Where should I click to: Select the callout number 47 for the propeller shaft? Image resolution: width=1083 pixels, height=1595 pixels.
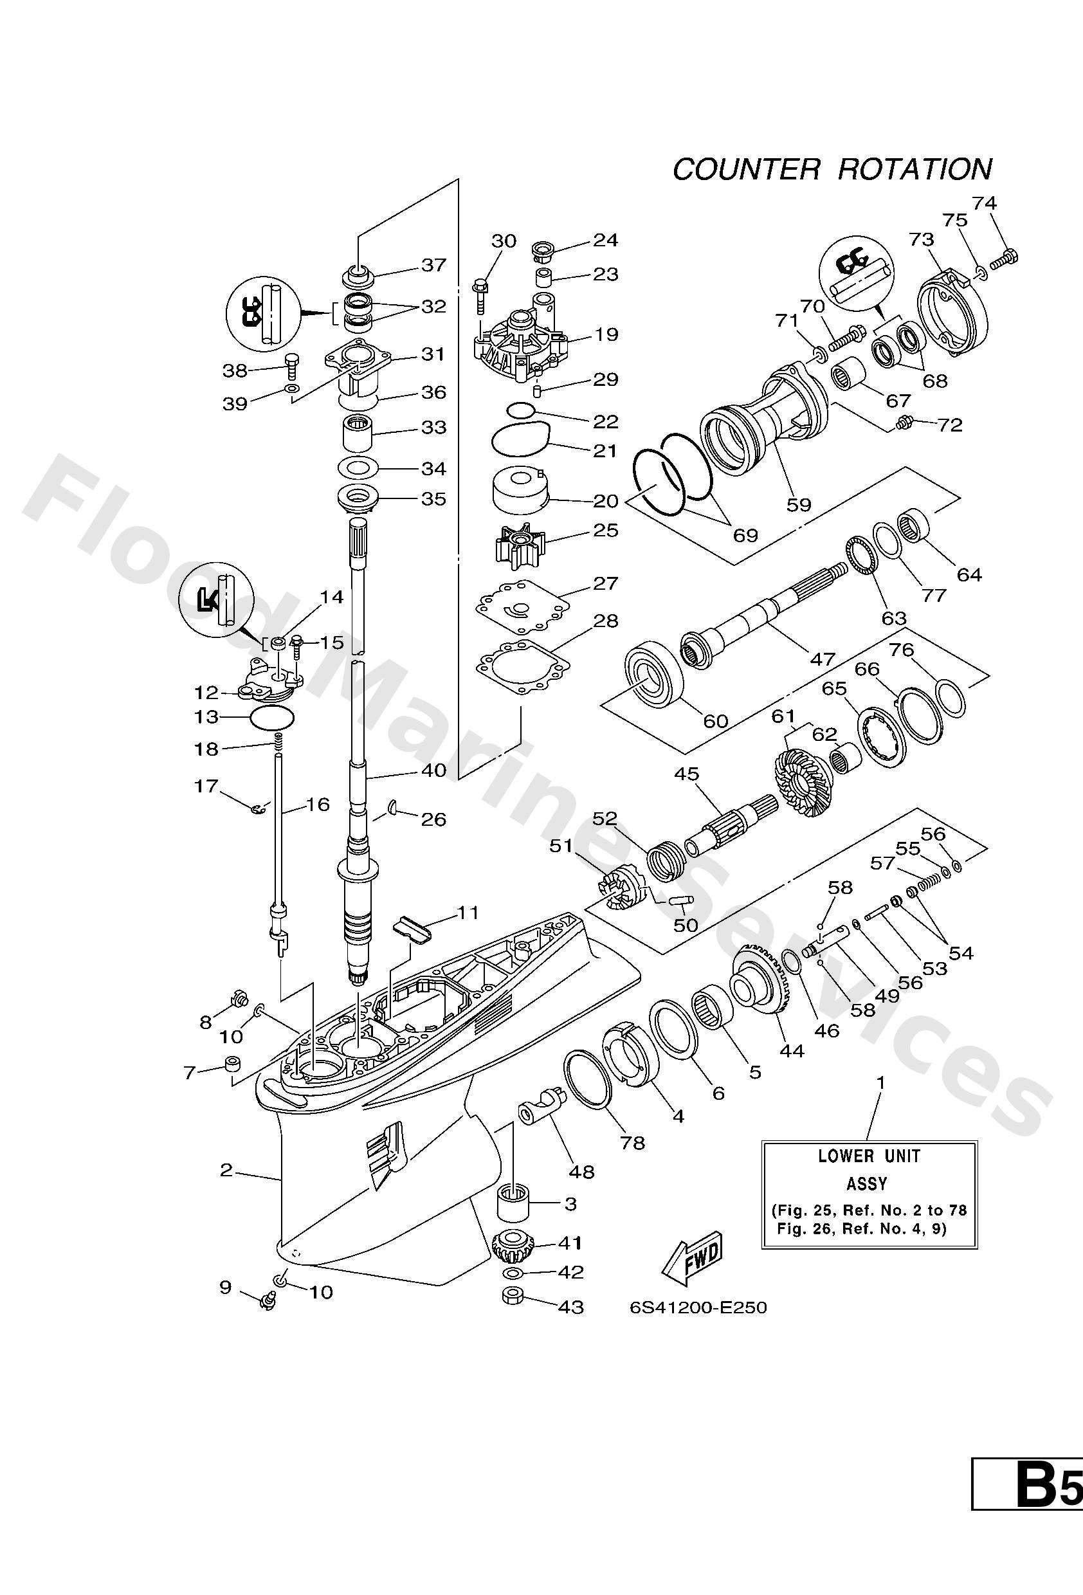821,659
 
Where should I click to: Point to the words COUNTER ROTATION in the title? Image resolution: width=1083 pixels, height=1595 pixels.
832,169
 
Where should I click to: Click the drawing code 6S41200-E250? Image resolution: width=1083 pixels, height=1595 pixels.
698,1308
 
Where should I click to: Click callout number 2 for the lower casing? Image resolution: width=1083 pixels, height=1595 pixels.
226,1170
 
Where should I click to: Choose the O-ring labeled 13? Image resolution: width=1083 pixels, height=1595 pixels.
273,718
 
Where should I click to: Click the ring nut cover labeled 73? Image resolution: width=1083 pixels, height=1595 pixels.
954,307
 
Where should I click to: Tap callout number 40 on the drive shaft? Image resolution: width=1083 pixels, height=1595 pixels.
433,770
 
